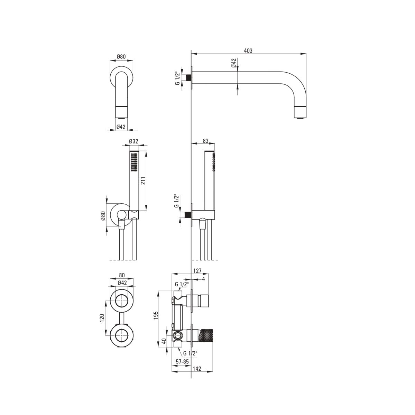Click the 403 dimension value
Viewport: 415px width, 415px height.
tap(248, 50)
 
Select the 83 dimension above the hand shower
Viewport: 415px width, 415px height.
tap(205, 141)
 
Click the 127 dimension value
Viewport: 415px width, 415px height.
tap(197, 270)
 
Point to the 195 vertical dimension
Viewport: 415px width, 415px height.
tap(156, 315)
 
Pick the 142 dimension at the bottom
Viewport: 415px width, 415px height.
tap(197, 369)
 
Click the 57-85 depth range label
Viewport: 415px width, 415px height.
tap(182, 362)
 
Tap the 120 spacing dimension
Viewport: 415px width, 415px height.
tap(102, 318)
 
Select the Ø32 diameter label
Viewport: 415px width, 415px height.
tap(133, 141)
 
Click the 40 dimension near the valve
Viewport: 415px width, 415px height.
tap(164, 341)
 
